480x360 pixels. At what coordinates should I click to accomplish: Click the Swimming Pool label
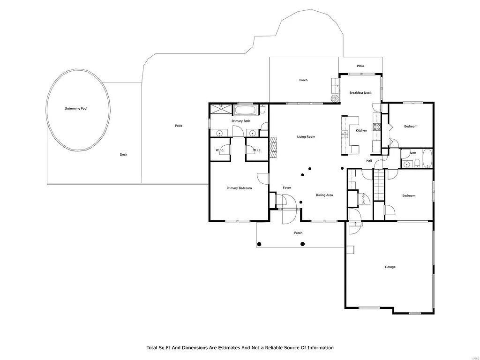pos(76,108)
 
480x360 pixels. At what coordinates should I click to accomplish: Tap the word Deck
pos(123,155)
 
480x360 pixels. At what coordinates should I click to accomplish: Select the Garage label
pos(390,267)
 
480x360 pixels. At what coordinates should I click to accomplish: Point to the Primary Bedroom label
pos(239,188)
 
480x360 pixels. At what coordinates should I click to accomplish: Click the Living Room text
pos(306,137)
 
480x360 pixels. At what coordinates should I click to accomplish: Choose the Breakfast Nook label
pos(360,93)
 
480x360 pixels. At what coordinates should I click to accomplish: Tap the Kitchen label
pos(361,130)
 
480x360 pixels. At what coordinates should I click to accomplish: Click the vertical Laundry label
pos(364,199)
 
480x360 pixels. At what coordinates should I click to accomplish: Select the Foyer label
pos(287,188)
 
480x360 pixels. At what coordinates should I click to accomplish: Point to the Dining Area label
pos(324,195)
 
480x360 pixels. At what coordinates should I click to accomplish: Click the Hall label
pos(369,161)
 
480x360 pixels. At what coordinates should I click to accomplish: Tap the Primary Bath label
pos(241,121)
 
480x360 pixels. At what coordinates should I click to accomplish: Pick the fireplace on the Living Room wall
pos(273,148)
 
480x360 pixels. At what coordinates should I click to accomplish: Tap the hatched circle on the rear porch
pos(335,98)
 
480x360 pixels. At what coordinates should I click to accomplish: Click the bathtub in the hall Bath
pos(427,158)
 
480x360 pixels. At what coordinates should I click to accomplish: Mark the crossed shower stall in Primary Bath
pos(222,109)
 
